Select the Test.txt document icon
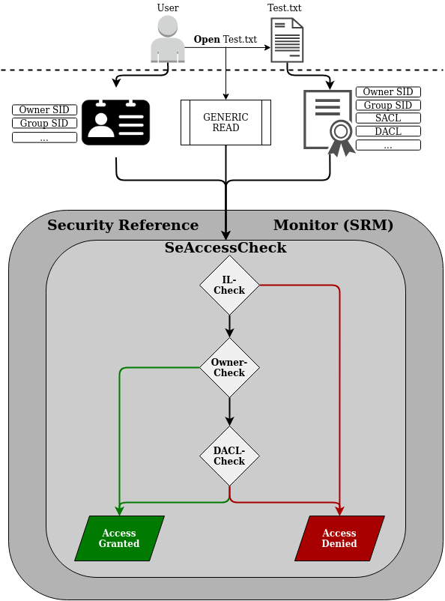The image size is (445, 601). (288, 40)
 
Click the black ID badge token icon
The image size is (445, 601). (115, 123)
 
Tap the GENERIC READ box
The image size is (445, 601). (225, 123)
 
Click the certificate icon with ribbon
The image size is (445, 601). (328, 121)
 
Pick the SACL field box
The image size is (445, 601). (388, 118)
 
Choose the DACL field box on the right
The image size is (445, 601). (388, 131)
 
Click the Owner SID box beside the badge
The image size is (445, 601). (44, 110)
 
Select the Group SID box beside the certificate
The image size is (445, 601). (388, 105)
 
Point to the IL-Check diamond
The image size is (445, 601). (229, 285)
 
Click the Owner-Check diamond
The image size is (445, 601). (229, 368)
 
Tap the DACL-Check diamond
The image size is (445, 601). (229, 456)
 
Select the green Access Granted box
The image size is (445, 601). (119, 538)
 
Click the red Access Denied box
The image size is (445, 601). (339, 538)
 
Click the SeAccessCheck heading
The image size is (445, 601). (225, 248)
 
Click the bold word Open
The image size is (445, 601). (207, 39)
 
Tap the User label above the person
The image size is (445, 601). (168, 7)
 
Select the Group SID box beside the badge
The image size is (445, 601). (44, 124)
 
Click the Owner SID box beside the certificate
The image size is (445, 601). (388, 91)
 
